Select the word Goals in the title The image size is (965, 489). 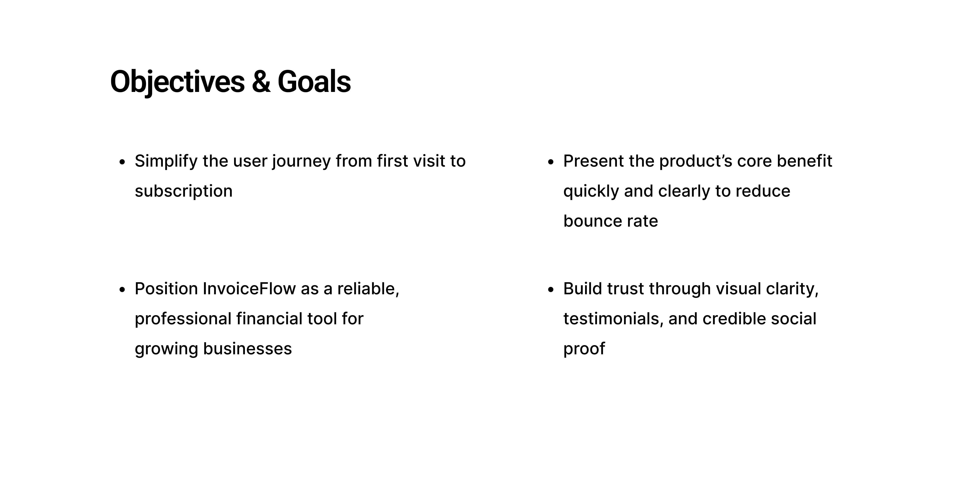tap(314, 82)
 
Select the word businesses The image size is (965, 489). tap(247, 349)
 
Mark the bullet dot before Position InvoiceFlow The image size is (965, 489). tap(122, 290)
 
